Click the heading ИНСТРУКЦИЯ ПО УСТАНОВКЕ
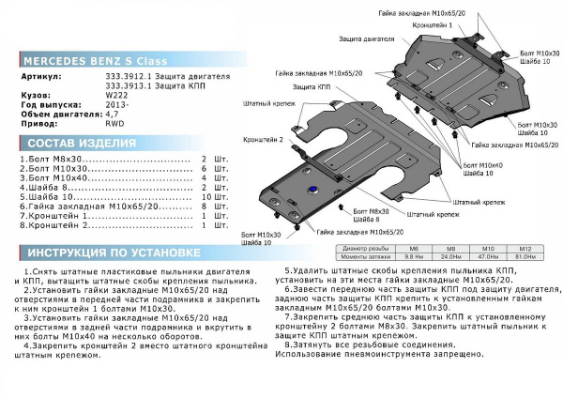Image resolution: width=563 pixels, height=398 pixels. tap(112, 253)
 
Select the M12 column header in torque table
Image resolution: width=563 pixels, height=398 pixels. tap(526, 248)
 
